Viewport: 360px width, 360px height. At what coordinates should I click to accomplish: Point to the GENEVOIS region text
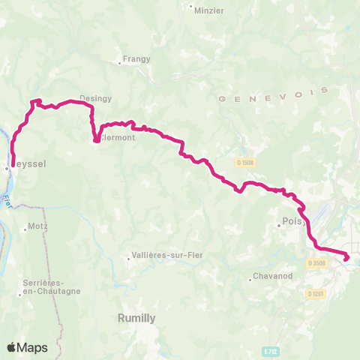click(274, 94)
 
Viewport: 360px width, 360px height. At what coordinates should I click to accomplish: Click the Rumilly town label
click(136, 318)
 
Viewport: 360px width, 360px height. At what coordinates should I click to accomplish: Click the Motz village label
click(37, 226)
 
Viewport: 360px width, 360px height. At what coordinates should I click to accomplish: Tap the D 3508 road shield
click(316, 262)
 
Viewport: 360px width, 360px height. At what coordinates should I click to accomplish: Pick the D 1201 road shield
click(316, 293)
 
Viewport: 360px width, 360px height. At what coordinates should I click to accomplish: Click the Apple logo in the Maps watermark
click(12, 347)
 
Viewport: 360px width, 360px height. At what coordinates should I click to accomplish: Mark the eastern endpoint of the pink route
click(347, 259)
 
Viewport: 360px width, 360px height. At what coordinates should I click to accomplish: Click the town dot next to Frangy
click(121, 61)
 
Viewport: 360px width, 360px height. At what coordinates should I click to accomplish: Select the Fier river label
click(7, 200)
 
